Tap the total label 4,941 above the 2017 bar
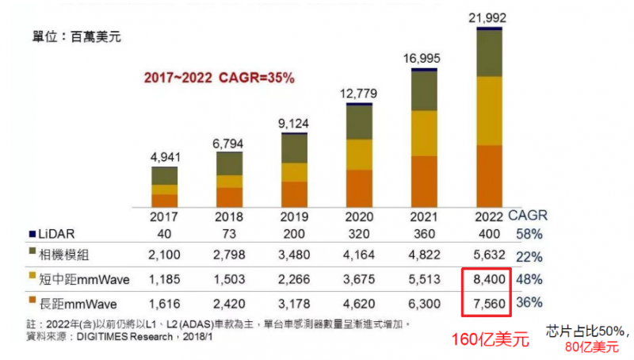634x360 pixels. [x=165, y=156]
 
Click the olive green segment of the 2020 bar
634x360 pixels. [x=359, y=122]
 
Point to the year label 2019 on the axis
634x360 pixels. [x=294, y=216]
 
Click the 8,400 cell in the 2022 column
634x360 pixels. [x=483, y=280]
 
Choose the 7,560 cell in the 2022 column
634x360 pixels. [x=483, y=302]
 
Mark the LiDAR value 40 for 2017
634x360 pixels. [x=165, y=234]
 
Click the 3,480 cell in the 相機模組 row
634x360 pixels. [x=294, y=257]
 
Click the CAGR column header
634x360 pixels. [x=527, y=216]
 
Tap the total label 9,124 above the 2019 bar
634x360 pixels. [x=294, y=123]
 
